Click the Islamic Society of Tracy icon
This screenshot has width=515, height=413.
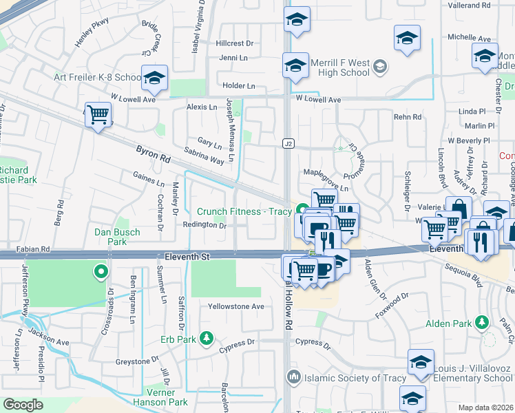294,377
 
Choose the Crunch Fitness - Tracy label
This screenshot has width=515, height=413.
244,211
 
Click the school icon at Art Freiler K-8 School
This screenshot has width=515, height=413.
154,78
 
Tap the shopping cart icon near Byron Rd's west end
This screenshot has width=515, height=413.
98,114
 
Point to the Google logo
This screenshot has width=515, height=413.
23,405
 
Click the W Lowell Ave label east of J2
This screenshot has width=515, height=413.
318,100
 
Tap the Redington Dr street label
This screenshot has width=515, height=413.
204,225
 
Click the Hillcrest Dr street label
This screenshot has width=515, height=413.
234,43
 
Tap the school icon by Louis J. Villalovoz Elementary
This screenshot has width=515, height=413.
421,363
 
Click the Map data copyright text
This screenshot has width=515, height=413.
485,407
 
